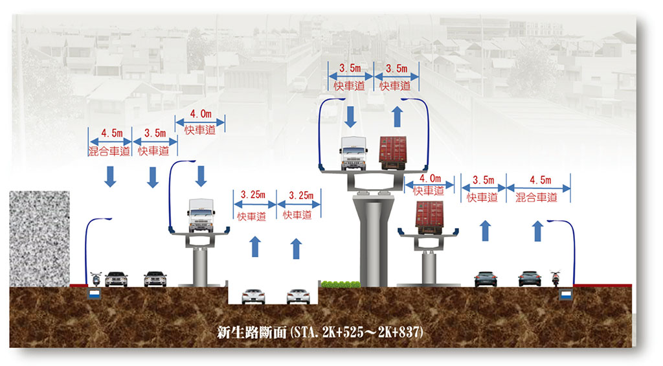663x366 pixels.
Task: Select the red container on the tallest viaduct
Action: pyautogui.click(x=392, y=153)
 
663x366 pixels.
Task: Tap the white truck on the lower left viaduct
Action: pyautogui.click(x=201, y=215)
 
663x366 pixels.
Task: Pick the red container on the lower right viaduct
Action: pyautogui.click(x=429, y=218)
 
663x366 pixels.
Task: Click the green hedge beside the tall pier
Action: pyautogui.click(x=341, y=284)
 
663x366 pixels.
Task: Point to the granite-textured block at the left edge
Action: pyautogui.click(x=39, y=238)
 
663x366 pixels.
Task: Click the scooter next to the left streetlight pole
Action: pyautogui.click(x=96, y=279)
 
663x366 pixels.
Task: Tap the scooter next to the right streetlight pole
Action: pyautogui.click(x=555, y=279)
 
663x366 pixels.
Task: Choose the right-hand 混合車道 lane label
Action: pyautogui.click(x=537, y=198)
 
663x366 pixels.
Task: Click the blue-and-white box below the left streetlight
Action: pyautogui.click(x=95, y=295)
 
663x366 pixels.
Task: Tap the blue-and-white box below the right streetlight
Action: pyautogui.click(x=565, y=295)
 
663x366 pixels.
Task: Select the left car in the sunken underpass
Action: pyautogui.click(x=253, y=296)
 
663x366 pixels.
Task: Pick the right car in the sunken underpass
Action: pyautogui.click(x=297, y=296)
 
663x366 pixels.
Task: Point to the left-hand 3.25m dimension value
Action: pyautogui.click(x=253, y=195)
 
